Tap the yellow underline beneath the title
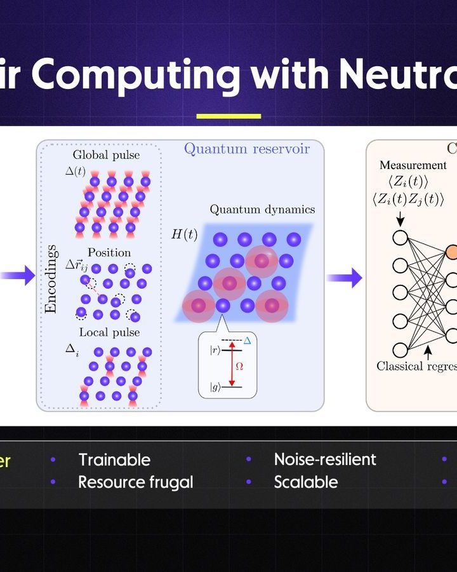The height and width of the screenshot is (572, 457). click(x=228, y=116)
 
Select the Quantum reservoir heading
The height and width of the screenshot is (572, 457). click(x=246, y=149)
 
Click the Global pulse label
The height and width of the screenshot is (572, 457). click(x=106, y=154)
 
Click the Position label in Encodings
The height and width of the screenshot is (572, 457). click(x=109, y=252)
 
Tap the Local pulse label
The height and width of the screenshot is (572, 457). click(x=109, y=332)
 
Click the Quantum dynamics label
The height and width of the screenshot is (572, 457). click(x=262, y=209)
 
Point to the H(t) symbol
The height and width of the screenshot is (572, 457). click(x=184, y=235)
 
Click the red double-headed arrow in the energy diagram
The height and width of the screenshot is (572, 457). click(x=232, y=365)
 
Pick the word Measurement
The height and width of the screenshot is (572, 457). click(x=413, y=165)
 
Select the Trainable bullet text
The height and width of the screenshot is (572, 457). click(x=114, y=460)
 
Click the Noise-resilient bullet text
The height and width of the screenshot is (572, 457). click(x=324, y=460)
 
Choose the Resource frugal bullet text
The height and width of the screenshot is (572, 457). click(x=135, y=482)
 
